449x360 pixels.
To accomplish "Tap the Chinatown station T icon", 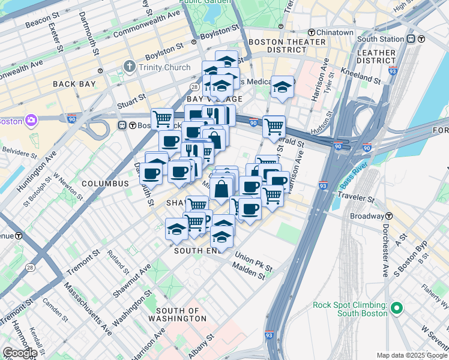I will tap(312, 32).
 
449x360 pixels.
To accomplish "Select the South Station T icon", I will tap(411, 39).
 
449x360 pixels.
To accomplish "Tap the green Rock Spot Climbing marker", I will tap(396, 309).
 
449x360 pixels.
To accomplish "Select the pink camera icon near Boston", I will tap(31, 121).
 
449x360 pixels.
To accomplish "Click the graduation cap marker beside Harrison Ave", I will tap(282, 86).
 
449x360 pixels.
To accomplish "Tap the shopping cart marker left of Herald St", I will tap(274, 127).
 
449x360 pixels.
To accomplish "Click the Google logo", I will tap(19, 352).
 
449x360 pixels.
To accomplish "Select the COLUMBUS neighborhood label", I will tap(105, 183).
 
